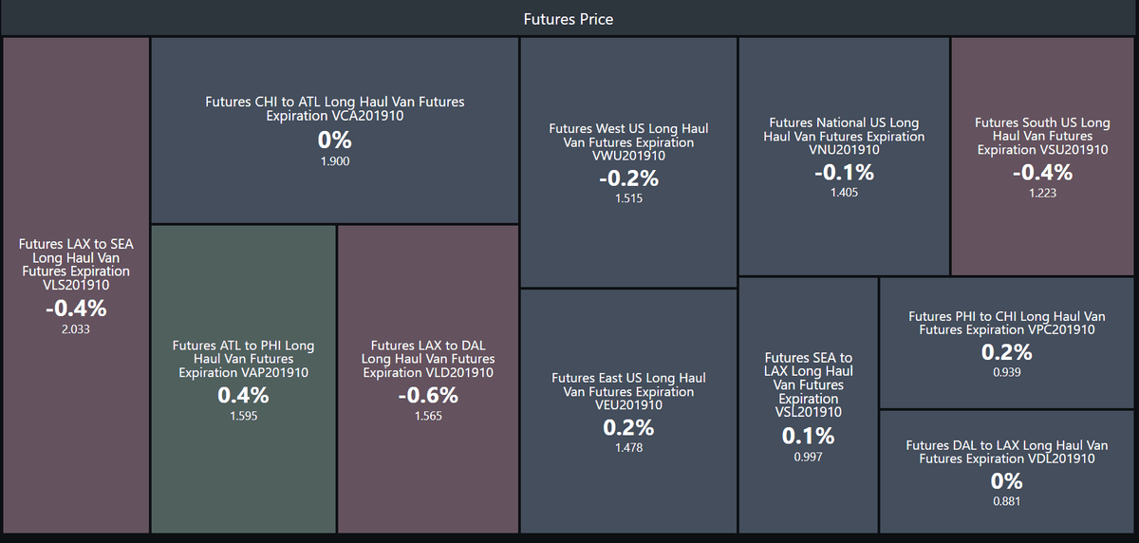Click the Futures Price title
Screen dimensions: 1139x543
(x=568, y=19)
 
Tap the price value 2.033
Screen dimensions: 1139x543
(x=76, y=329)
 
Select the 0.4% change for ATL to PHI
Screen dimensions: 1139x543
(x=243, y=395)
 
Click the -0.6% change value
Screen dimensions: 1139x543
(x=428, y=395)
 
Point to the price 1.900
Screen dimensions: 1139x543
(x=334, y=161)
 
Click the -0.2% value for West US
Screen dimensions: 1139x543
(x=628, y=178)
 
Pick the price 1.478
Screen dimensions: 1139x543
(x=628, y=448)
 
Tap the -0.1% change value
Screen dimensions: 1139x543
(x=844, y=173)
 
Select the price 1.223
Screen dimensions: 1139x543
(x=1042, y=194)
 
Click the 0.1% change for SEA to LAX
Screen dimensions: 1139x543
(x=808, y=436)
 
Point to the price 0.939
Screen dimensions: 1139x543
(x=1007, y=372)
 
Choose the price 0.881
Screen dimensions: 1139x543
(x=1007, y=501)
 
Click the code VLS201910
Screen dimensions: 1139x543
(x=76, y=285)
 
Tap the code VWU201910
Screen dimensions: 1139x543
(x=628, y=156)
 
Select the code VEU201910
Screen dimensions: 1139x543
(x=628, y=404)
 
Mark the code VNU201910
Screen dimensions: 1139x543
(x=844, y=149)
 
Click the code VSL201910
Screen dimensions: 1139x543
(x=808, y=412)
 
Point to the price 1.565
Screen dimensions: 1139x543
(x=428, y=416)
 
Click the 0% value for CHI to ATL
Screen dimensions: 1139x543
(x=334, y=140)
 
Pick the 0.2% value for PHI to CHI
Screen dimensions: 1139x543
(x=1007, y=352)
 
